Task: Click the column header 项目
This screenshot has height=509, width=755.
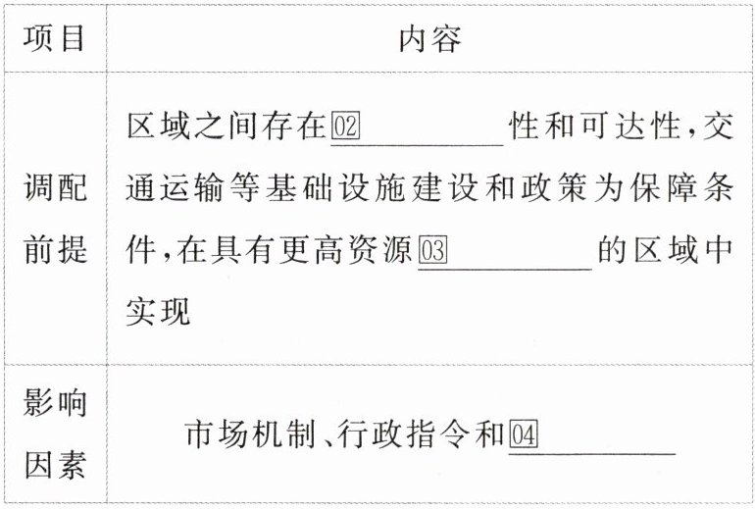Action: (54, 39)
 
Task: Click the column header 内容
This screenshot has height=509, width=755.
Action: (429, 39)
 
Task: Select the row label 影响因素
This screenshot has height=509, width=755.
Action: (54, 433)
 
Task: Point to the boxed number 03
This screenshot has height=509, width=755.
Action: (432, 251)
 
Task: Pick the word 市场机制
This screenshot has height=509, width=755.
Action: (249, 433)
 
